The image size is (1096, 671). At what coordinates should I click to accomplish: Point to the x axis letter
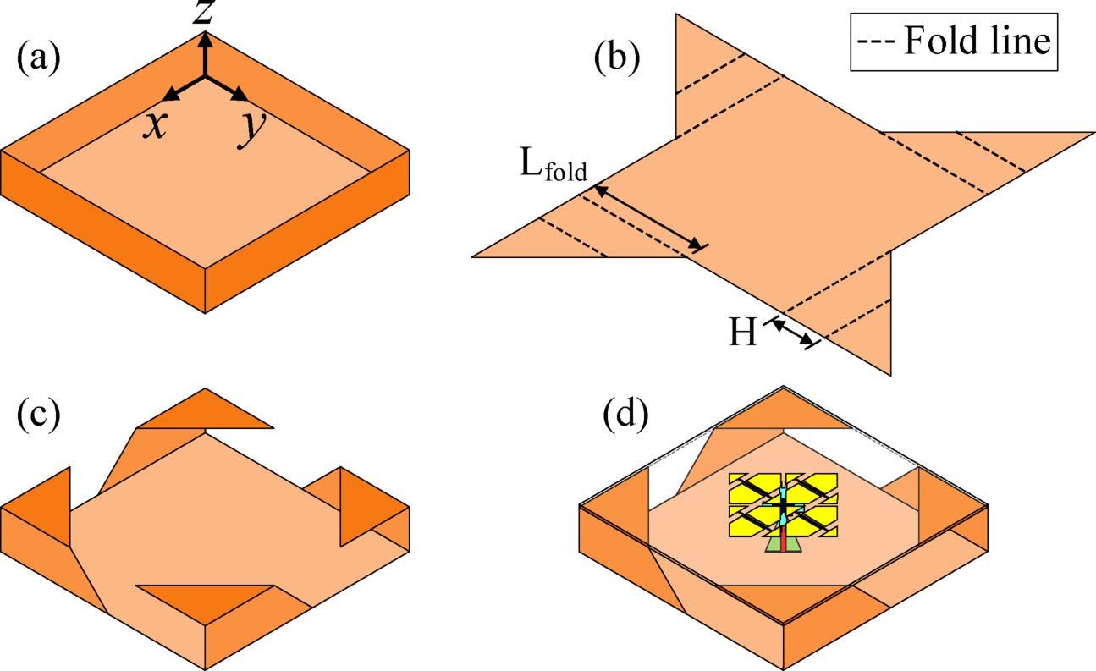click(153, 125)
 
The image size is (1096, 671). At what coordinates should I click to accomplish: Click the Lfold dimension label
click(554, 170)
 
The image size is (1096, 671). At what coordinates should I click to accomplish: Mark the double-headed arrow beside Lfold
click(648, 218)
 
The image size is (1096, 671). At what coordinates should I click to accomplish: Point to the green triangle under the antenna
click(783, 545)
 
